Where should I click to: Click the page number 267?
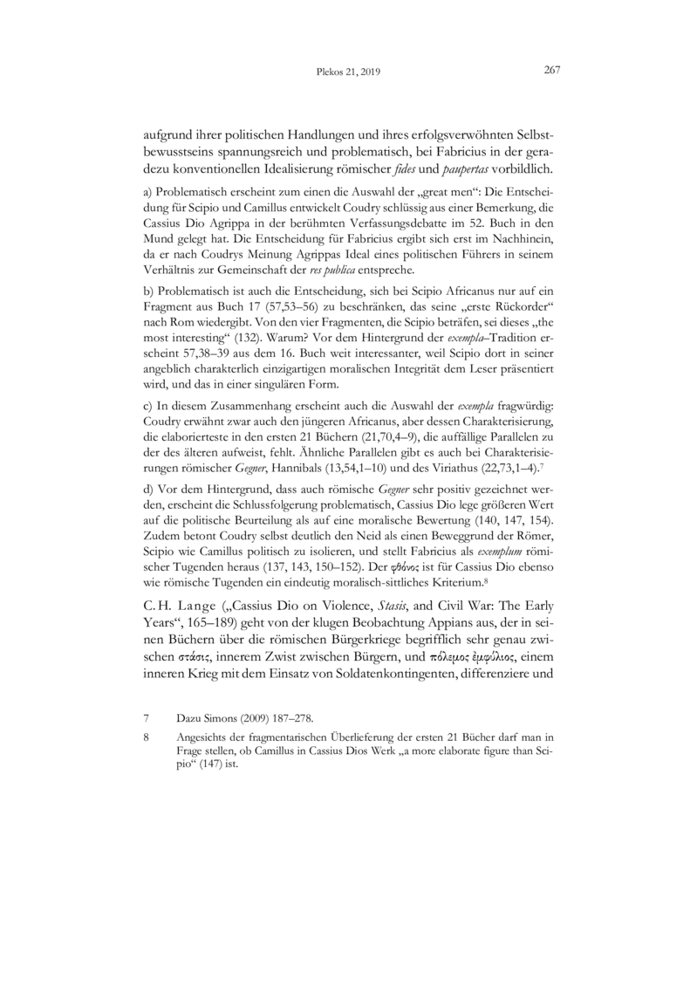[x=551, y=71]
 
